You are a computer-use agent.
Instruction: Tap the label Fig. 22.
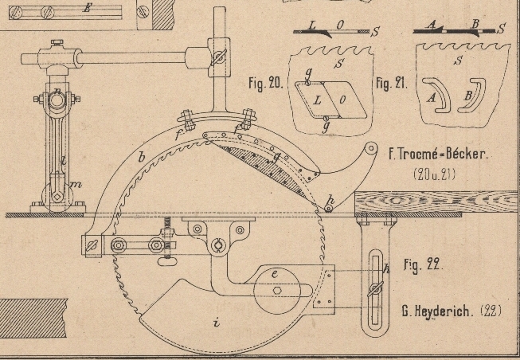pyautogui.click(x=422, y=264)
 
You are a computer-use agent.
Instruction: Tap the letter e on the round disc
pyautogui.click(x=275, y=275)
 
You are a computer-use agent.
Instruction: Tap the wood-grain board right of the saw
pyautogui.click(x=438, y=202)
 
